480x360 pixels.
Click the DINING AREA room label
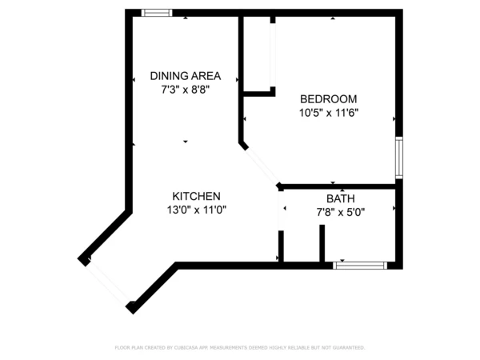[185, 76]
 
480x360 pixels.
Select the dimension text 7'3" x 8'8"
[185, 90]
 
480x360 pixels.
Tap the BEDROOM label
[328, 99]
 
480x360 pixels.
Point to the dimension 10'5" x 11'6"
[328, 113]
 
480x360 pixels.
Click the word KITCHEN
[197, 196]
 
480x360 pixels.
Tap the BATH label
[340, 198]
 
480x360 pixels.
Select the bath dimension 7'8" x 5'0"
[340, 213]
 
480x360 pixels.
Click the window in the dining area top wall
[156, 13]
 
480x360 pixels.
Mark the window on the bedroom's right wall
[398, 158]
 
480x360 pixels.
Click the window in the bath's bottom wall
[360, 265]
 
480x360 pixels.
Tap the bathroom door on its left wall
[281, 214]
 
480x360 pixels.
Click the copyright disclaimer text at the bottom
[240, 348]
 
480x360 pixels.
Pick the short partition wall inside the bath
[322, 243]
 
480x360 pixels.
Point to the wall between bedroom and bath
[340, 186]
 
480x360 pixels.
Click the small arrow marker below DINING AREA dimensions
[186, 142]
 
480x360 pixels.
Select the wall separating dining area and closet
[241, 76]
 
